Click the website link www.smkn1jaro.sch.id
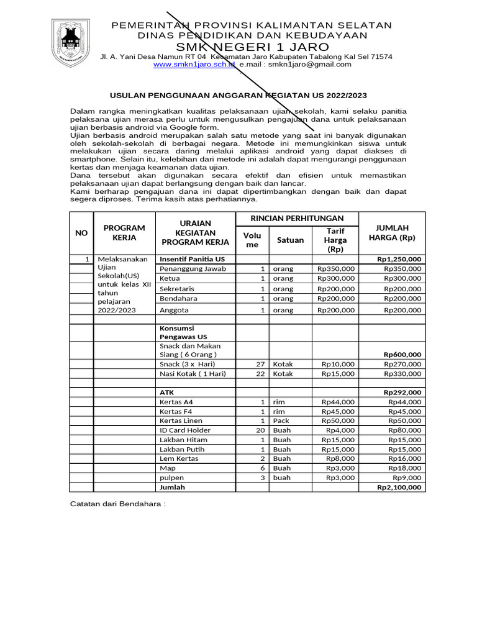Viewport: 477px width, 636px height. coord(194,65)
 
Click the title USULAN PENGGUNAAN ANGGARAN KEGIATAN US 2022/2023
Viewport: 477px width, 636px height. coord(238,96)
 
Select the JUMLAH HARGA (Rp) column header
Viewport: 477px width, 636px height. coord(391,233)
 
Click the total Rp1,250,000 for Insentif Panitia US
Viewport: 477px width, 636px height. coord(399,259)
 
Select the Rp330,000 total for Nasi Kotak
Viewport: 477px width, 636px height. coord(402,374)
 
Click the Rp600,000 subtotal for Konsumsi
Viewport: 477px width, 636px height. coord(402,355)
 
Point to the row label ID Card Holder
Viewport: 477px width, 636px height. coord(185,430)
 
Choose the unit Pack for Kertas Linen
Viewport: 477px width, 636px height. coord(281,421)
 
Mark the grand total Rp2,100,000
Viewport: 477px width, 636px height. coord(399,488)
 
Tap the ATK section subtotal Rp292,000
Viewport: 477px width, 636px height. coord(402,393)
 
